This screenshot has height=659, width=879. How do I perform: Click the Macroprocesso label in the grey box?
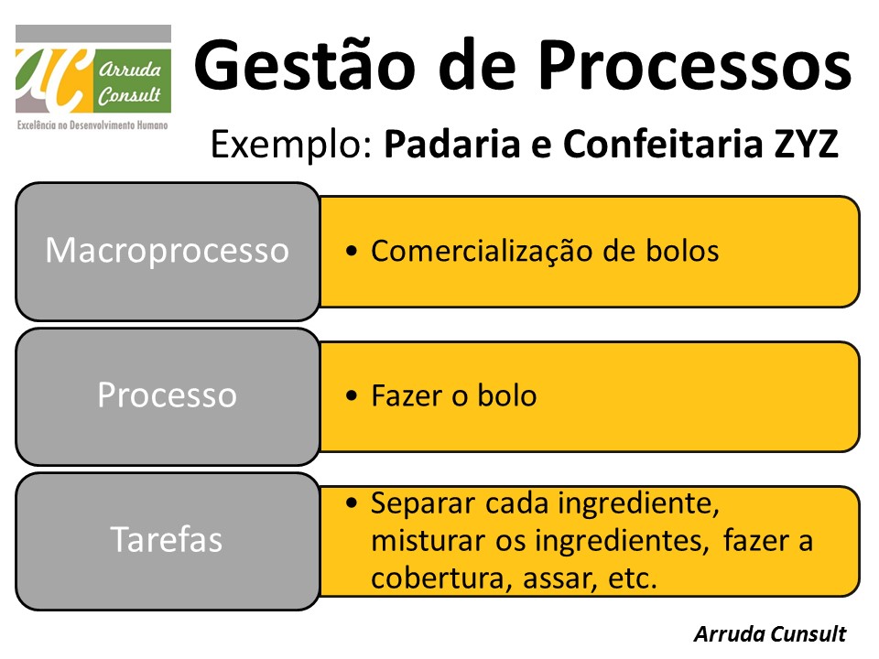coord(167,250)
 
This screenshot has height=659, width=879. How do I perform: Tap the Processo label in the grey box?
coord(167,394)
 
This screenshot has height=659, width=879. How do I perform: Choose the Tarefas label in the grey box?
coord(167,539)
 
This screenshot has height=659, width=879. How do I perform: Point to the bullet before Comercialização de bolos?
coord(353,252)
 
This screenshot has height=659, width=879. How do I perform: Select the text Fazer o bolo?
coord(453,395)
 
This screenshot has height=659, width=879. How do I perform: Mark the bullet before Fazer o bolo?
coord(353,396)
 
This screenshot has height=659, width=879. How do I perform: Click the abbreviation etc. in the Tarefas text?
coord(633,578)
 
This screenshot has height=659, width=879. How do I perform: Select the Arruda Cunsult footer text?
coord(769,634)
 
